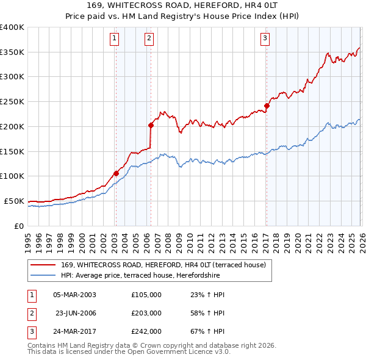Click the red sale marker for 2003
tap(116, 173)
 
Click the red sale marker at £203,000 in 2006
tap(151, 125)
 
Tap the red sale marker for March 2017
tap(267, 106)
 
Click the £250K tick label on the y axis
tap(12, 101)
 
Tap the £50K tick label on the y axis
tap(14, 201)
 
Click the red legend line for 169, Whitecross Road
tap(43, 265)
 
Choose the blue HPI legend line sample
tap(43, 276)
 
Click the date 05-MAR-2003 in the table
tap(74, 295)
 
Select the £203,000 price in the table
tap(146, 313)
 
